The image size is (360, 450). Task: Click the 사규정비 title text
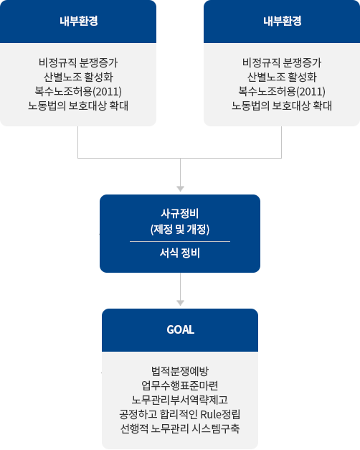[x=180, y=214]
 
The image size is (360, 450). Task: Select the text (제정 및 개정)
[x=180, y=229]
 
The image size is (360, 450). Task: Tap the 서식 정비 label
[x=180, y=253]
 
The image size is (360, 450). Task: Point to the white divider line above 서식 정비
[x=180, y=242]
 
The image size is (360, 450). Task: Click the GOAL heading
[x=181, y=329]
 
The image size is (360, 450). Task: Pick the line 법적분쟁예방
[x=180, y=371]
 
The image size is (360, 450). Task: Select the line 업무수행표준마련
[x=180, y=385]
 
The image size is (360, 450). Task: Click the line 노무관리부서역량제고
[x=180, y=400]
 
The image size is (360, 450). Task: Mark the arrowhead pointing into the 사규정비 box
[x=181, y=189]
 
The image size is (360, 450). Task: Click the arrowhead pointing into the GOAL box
[x=181, y=303]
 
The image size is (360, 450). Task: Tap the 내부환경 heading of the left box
[x=79, y=21]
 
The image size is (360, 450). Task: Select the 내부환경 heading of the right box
[x=283, y=21]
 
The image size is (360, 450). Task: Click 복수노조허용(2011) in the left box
[x=78, y=92]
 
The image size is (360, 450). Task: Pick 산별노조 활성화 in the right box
[x=282, y=78]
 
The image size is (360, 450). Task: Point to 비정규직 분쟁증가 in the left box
[x=78, y=63]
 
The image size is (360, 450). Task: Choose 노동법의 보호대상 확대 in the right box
[x=282, y=106]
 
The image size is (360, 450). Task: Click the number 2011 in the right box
[x=311, y=92]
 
